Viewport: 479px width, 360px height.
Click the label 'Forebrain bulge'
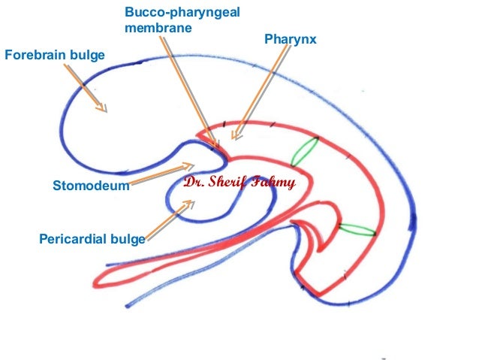(55, 55)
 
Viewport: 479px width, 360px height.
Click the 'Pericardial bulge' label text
(92, 240)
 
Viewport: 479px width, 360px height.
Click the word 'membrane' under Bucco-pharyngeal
(155, 28)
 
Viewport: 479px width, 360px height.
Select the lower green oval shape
(357, 229)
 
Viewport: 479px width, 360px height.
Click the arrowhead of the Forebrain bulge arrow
(104, 110)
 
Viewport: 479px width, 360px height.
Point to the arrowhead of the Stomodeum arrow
(190, 164)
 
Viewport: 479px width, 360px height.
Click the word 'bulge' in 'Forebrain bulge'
(88, 55)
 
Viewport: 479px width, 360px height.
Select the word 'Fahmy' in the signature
(276, 182)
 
